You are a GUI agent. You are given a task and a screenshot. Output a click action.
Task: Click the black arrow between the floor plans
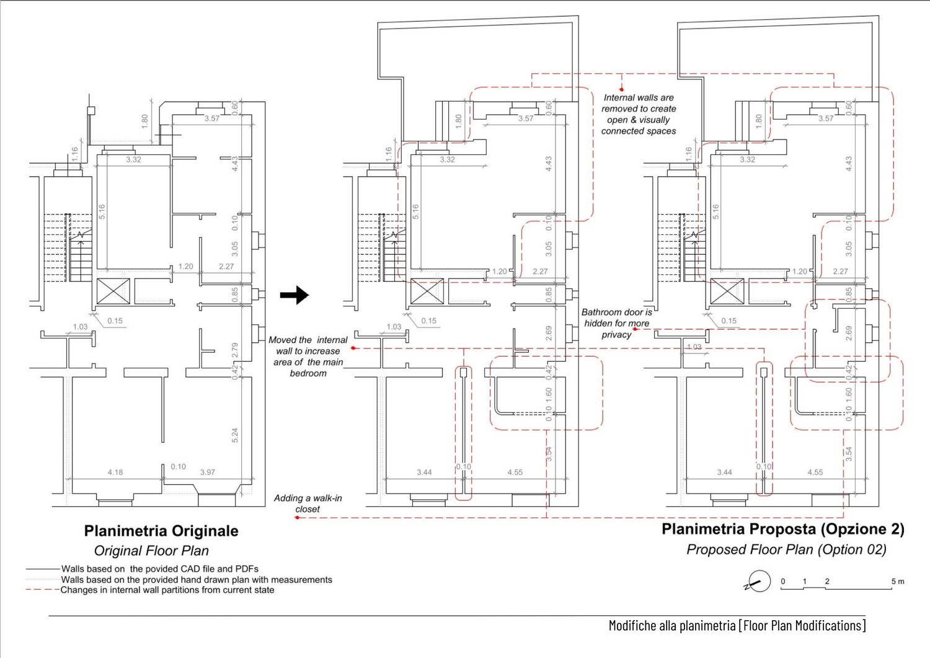click(294, 295)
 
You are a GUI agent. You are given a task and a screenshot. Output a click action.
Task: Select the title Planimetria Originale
click(161, 531)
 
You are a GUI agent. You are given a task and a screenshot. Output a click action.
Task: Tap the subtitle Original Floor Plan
click(151, 551)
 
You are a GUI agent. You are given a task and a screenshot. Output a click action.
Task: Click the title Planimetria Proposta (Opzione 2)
click(782, 529)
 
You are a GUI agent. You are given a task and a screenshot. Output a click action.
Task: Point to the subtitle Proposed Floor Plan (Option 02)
click(786, 549)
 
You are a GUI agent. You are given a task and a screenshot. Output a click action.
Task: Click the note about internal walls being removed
click(639, 114)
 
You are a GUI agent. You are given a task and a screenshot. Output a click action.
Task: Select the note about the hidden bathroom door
click(616, 323)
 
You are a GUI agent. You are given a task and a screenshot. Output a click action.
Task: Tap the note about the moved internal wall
click(308, 357)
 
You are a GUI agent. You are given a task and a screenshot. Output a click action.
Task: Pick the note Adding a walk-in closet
click(308, 503)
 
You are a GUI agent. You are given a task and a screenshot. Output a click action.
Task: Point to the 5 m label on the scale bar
click(897, 581)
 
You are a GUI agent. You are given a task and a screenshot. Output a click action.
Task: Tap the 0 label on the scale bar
click(783, 581)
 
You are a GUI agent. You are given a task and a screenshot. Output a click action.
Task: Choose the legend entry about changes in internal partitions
click(167, 590)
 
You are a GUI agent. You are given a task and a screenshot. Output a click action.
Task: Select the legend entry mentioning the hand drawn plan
click(196, 579)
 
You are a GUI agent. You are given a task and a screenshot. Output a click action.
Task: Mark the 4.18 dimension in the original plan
click(115, 472)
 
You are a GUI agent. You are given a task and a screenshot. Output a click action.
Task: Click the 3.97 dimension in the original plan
click(208, 472)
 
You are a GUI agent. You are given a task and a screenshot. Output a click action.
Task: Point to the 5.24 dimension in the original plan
click(235, 435)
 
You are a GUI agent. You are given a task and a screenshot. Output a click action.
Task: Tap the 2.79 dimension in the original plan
click(235, 350)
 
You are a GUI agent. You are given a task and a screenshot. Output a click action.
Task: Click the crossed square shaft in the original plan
click(113, 291)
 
